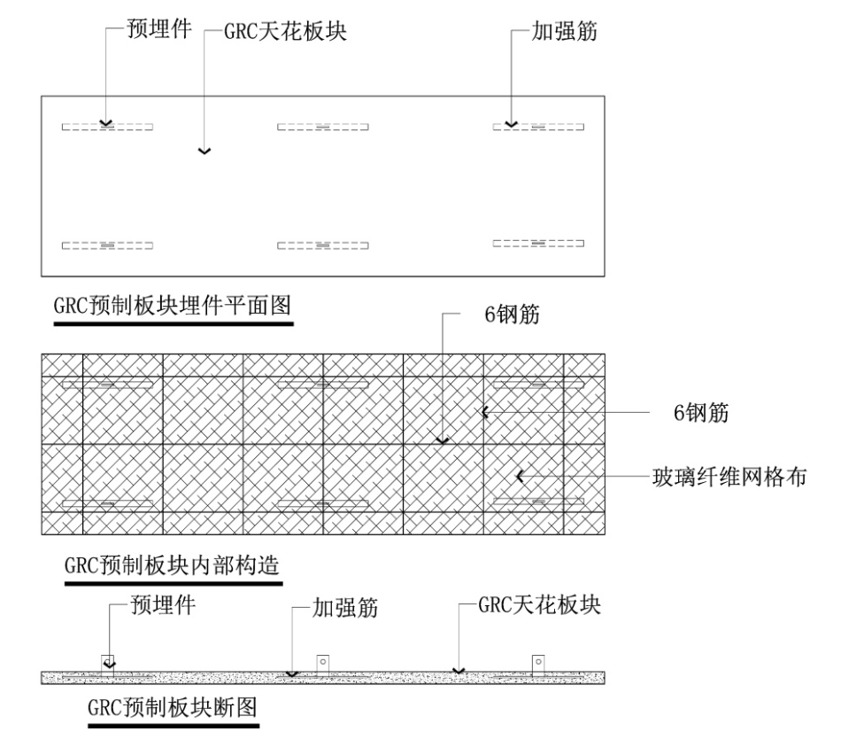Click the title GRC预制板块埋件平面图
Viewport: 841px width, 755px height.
point(172,306)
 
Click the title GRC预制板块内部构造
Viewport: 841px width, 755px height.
point(172,564)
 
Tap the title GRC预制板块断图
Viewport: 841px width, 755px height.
point(172,707)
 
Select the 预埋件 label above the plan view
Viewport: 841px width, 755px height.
point(159,28)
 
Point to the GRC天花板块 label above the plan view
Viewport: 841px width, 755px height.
point(285,31)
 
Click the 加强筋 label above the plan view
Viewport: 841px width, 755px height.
point(564,31)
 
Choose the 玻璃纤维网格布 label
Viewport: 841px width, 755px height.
point(729,477)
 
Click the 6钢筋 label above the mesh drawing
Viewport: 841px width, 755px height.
point(513,314)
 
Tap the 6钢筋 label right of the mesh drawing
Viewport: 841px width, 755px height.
point(701,412)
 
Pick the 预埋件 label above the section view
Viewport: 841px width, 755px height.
point(163,605)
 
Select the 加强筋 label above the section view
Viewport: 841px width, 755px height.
point(345,608)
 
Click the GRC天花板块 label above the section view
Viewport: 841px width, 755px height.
point(539,605)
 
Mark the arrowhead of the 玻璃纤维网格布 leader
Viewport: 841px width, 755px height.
point(519,476)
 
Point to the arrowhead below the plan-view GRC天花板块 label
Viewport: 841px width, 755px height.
point(204,152)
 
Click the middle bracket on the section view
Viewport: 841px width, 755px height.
point(322,665)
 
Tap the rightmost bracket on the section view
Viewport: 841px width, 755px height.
point(538,665)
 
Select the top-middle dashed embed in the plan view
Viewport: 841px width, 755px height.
point(323,128)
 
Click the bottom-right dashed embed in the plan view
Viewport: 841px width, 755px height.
point(538,244)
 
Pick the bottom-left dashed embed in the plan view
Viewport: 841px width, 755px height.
point(107,245)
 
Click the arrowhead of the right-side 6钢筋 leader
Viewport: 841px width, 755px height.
point(485,412)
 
